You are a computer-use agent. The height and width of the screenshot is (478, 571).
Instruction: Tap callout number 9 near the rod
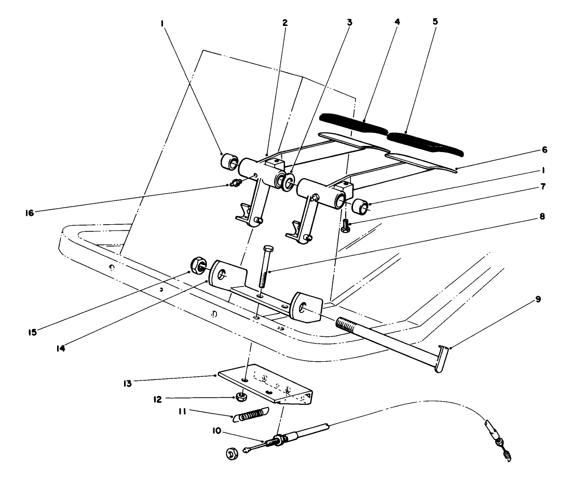(538, 299)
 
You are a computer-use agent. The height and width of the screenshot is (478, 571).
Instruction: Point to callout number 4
(397, 23)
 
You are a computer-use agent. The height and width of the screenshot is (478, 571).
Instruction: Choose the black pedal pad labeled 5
(426, 143)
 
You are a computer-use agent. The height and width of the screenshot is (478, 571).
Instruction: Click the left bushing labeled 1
(228, 161)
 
